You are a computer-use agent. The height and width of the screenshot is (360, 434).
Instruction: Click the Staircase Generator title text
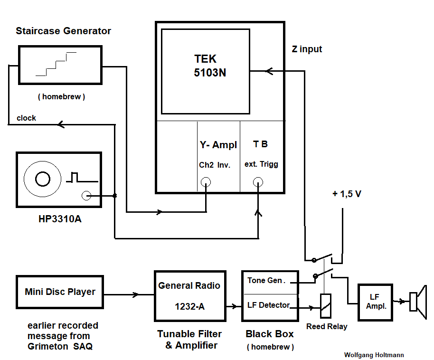point(63,31)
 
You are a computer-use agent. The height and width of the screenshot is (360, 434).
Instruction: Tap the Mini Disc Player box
point(60,292)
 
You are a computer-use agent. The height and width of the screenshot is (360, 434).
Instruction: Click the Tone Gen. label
point(265,281)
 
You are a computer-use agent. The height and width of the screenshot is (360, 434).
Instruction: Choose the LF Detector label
point(268,305)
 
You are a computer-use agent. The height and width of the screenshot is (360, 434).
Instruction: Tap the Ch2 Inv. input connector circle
point(206,181)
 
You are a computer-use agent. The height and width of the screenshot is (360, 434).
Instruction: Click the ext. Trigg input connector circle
point(258,181)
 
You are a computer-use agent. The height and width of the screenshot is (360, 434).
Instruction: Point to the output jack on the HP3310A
point(86,196)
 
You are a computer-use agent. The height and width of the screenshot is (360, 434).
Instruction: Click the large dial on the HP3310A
point(42,179)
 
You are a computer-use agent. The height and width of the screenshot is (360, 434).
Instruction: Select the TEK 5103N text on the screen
point(205,66)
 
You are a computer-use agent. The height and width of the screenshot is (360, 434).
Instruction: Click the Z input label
point(307,49)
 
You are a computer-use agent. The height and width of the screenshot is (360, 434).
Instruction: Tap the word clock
point(26,118)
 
